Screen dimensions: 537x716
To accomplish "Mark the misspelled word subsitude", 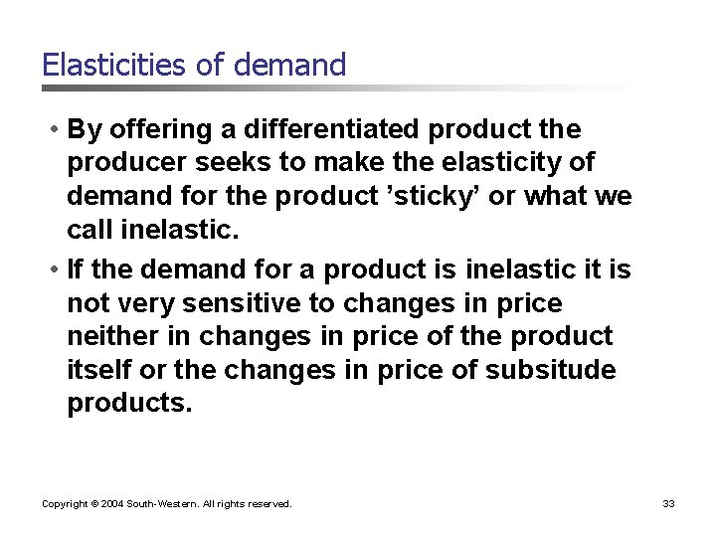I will pos(551,371).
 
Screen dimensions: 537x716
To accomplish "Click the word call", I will pos(90,231).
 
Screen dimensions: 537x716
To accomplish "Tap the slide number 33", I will pos(668,504).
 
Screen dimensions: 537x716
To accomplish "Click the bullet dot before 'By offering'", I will pos(50,130).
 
